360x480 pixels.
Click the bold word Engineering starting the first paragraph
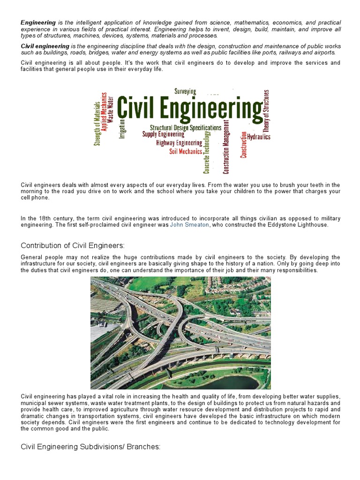click(38, 22)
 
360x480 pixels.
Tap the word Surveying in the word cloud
click(185, 91)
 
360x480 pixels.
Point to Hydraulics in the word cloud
click(259, 137)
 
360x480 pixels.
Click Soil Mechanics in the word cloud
click(186, 151)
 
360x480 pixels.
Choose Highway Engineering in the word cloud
click(179, 143)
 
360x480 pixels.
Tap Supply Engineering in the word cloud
click(164, 135)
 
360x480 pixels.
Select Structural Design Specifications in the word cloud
click(186, 127)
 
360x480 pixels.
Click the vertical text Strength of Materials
click(97, 123)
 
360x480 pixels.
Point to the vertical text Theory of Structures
click(266, 111)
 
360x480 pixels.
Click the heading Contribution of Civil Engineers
click(73, 246)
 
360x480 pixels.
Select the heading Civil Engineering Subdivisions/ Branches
click(90, 447)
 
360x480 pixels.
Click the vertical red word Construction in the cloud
click(243, 145)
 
